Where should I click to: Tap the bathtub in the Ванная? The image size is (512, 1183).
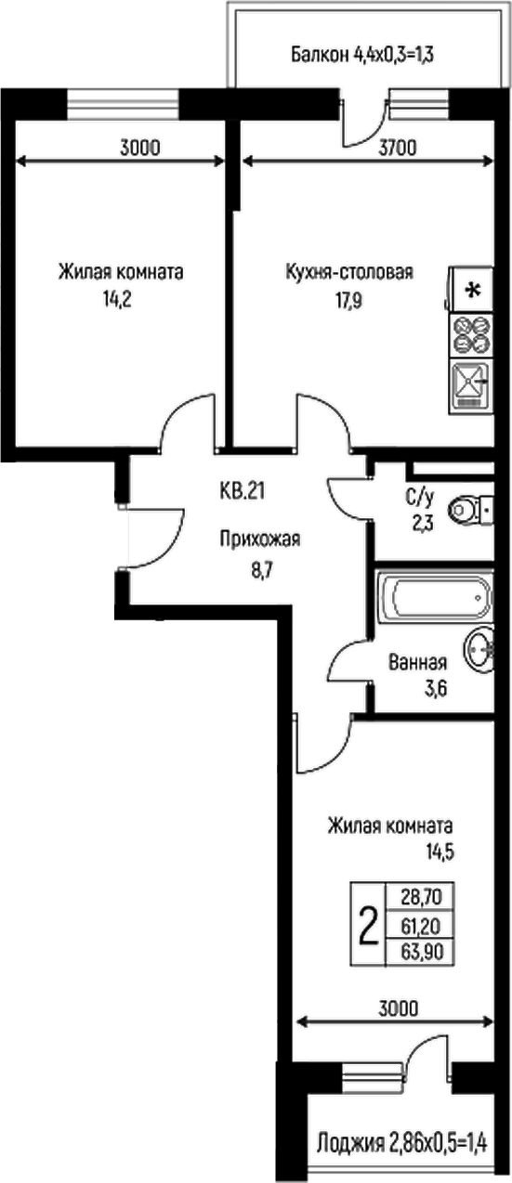coord(432,595)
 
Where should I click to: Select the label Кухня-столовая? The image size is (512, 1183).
coord(348,273)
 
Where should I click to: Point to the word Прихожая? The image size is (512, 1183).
coord(260,538)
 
